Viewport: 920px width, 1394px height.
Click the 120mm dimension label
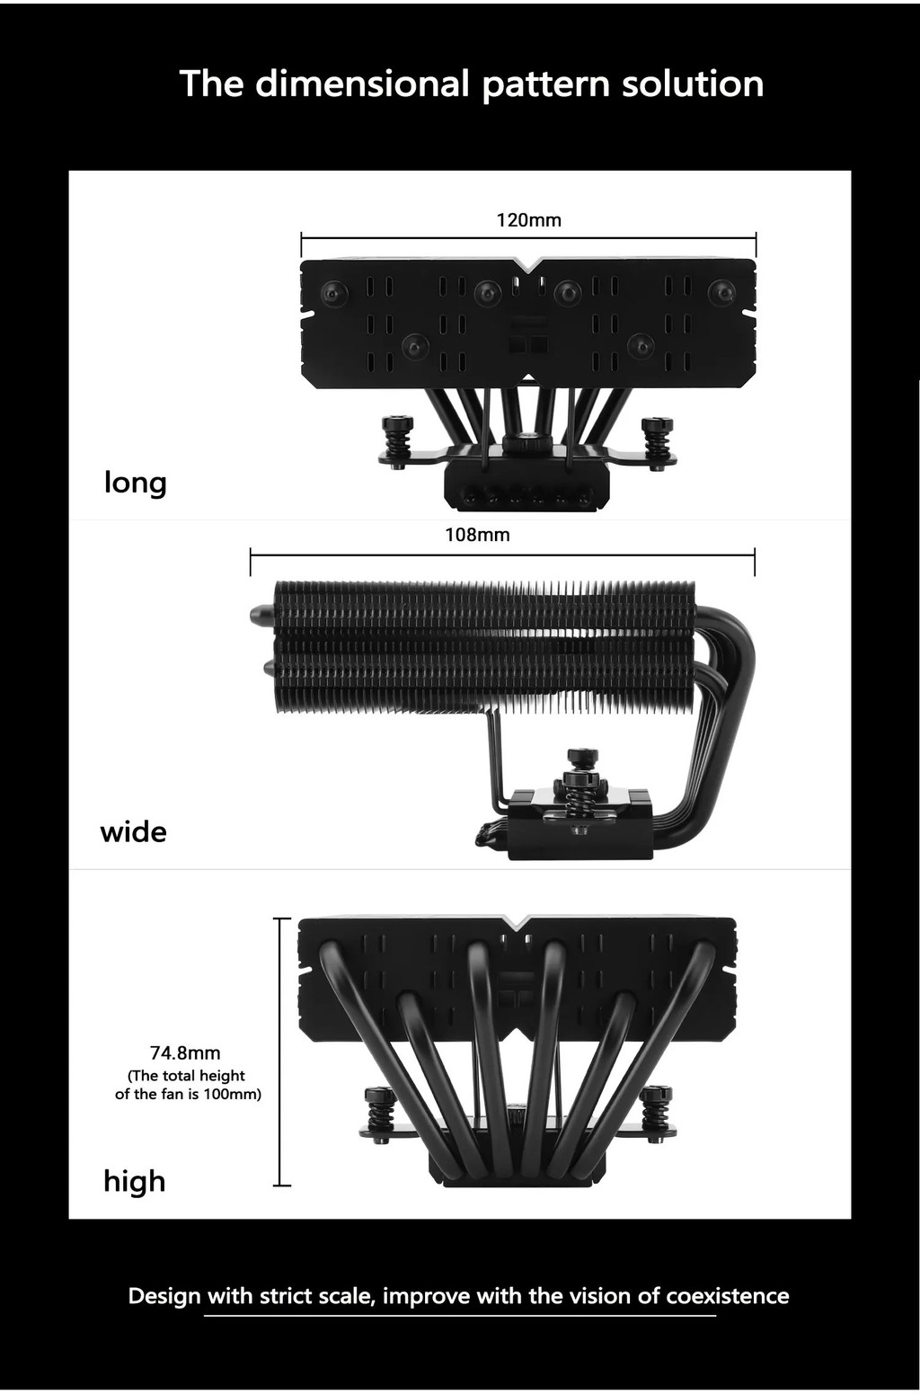[528, 220]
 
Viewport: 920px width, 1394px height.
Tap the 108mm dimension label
[477, 535]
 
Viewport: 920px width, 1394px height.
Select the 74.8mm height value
[185, 1052]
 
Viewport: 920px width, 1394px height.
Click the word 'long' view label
[136, 483]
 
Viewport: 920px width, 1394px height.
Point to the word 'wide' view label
[133, 831]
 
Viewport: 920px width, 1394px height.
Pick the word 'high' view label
[135, 1180]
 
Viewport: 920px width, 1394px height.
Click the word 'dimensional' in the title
[362, 84]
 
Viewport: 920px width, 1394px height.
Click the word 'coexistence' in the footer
[727, 1296]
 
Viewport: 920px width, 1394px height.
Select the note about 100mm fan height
[188, 1085]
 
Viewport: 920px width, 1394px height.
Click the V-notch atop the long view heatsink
[529, 264]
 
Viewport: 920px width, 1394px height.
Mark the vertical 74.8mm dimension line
[282, 1052]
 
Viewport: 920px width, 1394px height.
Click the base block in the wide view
[579, 831]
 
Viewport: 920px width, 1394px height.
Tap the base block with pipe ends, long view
[526, 490]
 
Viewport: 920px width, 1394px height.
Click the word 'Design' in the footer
[164, 1296]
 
